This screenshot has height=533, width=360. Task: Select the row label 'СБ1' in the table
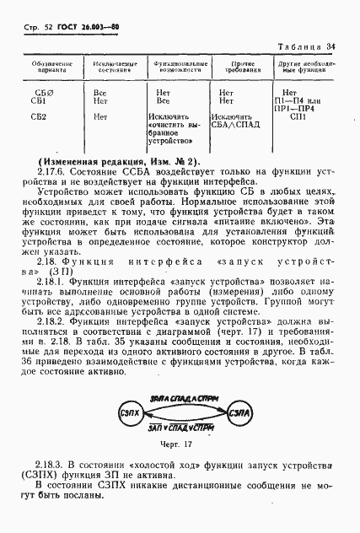(x=49, y=100)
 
